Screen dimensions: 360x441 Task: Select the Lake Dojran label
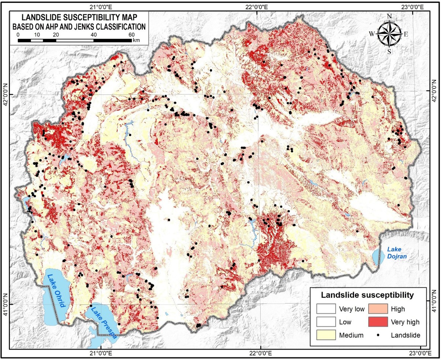tap(396, 253)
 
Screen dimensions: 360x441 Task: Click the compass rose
tap(389, 34)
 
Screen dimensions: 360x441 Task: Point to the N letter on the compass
tap(389, 16)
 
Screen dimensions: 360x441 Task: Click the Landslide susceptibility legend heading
tap(367, 295)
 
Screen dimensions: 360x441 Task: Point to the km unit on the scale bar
tap(136, 40)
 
